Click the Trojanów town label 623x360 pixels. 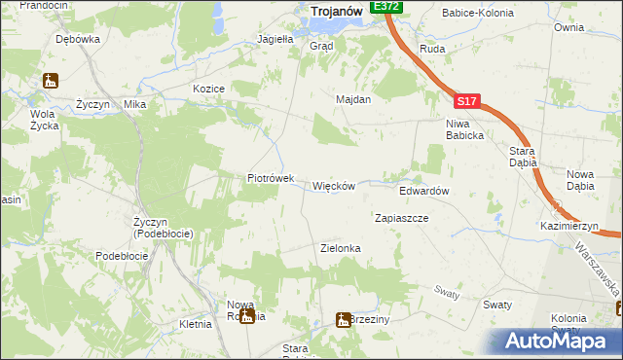(x=336, y=11)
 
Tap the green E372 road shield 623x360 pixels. (x=386, y=6)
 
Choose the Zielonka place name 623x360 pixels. (x=341, y=248)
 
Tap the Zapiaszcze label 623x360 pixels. (x=401, y=218)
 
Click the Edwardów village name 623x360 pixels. (x=423, y=191)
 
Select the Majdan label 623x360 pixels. (x=353, y=99)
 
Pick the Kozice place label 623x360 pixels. (x=209, y=89)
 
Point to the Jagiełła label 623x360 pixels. (x=275, y=40)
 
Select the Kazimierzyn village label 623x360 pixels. (x=569, y=226)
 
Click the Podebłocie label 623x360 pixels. (x=122, y=255)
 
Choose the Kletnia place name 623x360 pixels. (x=196, y=323)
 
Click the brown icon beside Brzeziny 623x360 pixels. (x=344, y=319)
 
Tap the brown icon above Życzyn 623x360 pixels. (x=51, y=82)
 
